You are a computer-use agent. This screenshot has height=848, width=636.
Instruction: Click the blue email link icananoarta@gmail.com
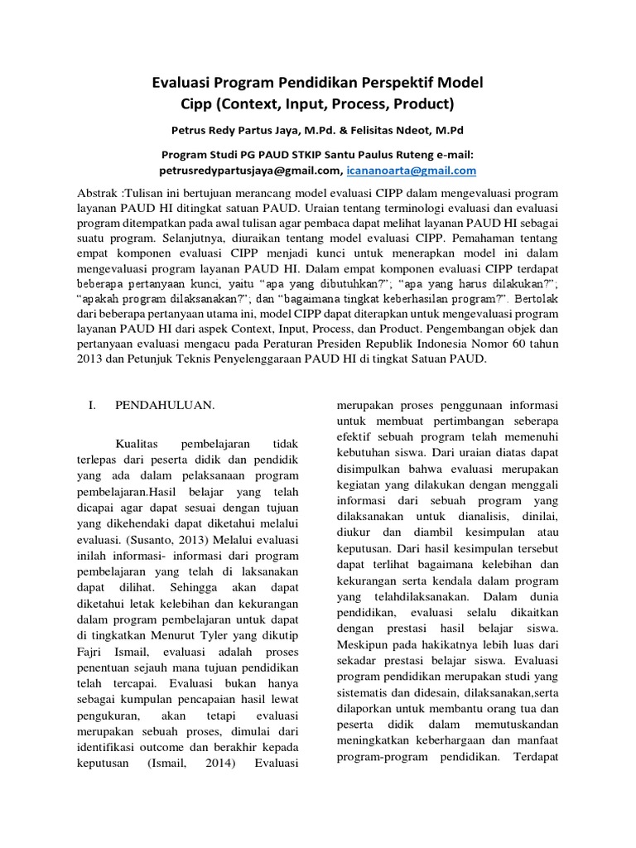[x=412, y=171]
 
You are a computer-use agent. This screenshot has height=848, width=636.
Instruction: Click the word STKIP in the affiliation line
[x=307, y=155]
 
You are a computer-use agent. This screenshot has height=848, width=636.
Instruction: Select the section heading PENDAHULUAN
[x=165, y=406]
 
